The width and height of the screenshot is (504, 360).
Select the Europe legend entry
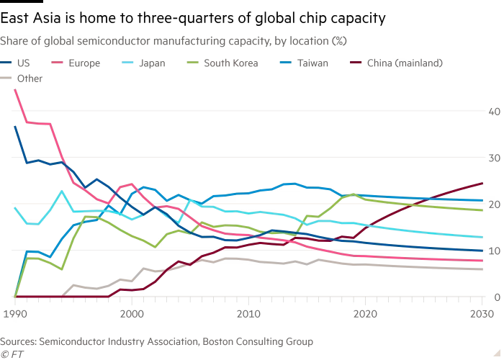84,63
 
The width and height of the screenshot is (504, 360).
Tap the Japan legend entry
152,63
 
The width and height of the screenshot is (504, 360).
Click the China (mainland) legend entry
404,63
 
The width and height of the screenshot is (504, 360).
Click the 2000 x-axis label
131,313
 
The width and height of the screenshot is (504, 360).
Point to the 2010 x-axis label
248,313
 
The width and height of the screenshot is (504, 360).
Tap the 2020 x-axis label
365,313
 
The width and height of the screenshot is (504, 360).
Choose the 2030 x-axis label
482,313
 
